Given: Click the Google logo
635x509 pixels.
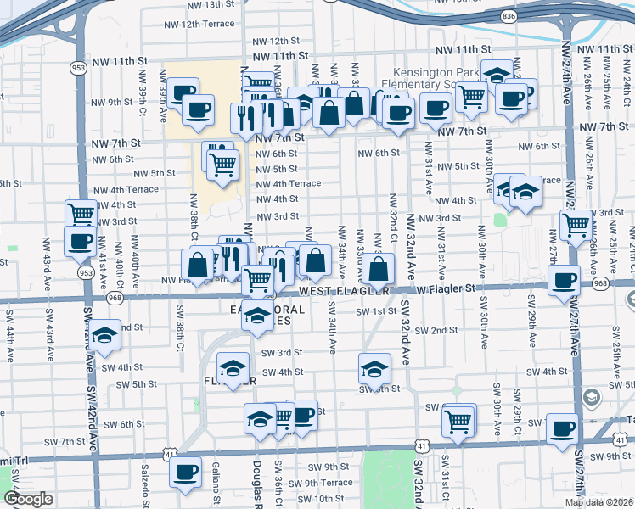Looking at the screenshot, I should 28,499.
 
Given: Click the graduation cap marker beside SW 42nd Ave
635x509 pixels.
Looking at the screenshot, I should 105,335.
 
